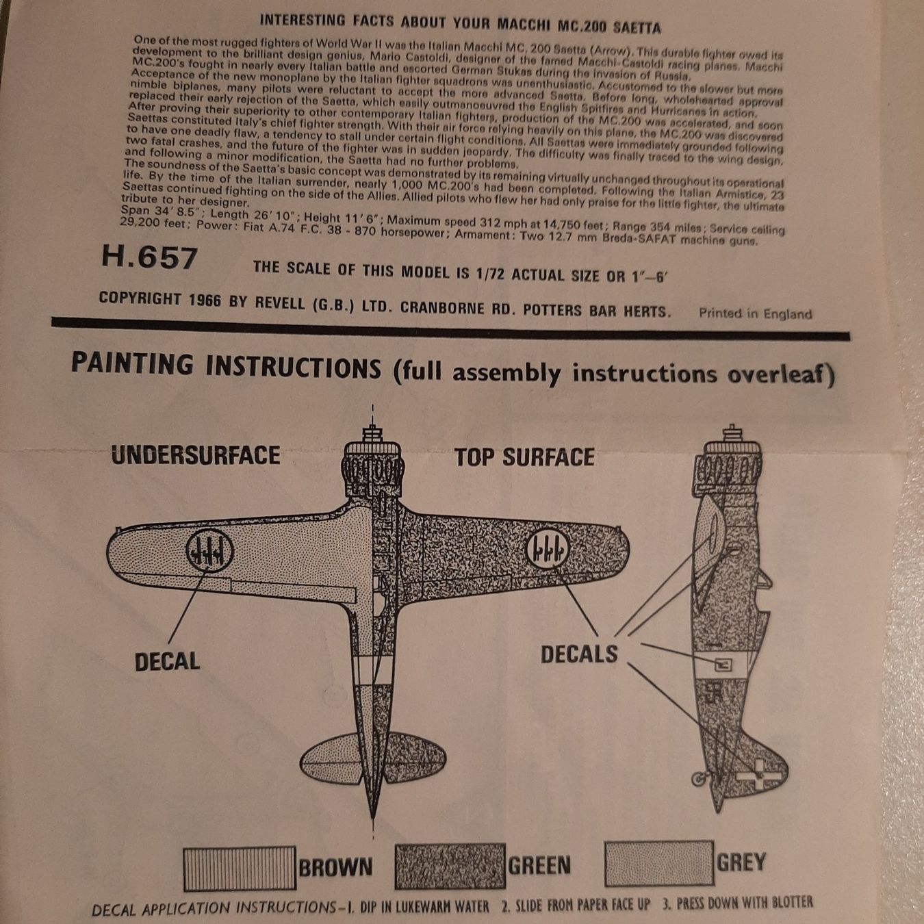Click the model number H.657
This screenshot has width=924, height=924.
(150, 258)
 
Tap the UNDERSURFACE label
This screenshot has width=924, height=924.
(196, 454)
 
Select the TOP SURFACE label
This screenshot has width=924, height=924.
(524, 457)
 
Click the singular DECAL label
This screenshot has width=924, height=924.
(167, 662)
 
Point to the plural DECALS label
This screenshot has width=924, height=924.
(579, 654)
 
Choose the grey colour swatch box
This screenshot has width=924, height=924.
(659, 863)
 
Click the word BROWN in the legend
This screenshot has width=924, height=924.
(335, 867)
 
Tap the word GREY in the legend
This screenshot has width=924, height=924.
(741, 862)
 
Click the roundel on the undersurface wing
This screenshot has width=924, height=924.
(209, 552)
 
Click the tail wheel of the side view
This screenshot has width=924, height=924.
(699, 779)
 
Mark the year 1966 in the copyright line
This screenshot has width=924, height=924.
(205, 300)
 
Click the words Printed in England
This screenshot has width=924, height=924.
(755, 313)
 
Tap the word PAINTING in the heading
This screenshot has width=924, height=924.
(132, 364)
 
